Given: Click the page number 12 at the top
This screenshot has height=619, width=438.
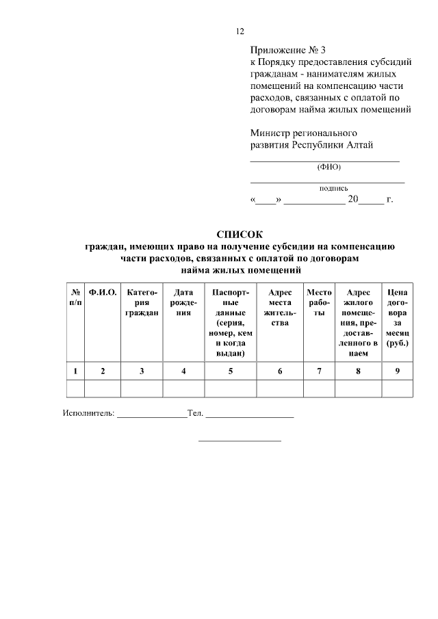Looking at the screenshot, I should click(240, 31).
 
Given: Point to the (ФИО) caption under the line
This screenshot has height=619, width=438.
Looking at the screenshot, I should click(328, 167).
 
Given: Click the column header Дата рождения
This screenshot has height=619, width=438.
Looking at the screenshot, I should click(183, 302).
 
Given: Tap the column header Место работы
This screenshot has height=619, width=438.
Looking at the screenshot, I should click(319, 302).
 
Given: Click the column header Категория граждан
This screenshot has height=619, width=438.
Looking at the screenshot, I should click(142, 302).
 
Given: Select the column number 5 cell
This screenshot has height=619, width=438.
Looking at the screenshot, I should click(231, 371).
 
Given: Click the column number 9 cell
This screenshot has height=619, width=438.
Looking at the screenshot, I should click(398, 371).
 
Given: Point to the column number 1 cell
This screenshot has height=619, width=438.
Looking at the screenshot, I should click(75, 371).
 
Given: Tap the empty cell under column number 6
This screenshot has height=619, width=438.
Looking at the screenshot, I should click(280, 388).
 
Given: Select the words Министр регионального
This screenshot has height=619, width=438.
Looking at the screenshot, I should click(304, 132).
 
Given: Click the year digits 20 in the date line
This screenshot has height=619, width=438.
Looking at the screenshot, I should click(353, 200).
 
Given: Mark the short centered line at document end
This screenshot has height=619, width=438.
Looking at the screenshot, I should click(240, 440).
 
